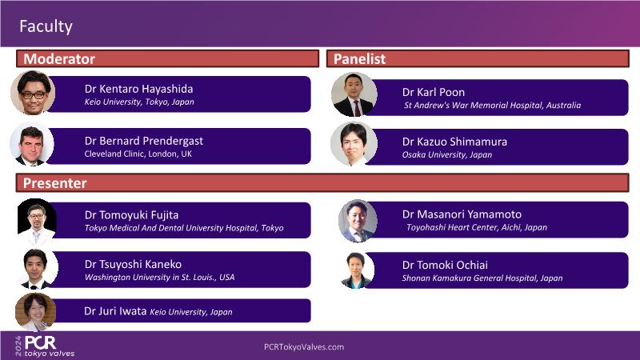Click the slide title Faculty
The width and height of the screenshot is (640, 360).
pos(46,26)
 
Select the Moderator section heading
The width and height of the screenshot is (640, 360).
pos(59,58)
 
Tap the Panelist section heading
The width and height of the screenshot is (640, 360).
pos(359,58)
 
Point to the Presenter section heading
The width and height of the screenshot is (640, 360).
pos(54,183)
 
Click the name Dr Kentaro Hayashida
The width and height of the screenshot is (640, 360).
pos(138,89)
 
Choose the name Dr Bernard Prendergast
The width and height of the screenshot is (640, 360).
pos(144,142)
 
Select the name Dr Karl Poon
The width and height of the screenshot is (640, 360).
pos(434,92)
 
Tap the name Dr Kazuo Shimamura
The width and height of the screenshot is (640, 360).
pos(454,142)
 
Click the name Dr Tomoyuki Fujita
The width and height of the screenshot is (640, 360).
pos(131,215)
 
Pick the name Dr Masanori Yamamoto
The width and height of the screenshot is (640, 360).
pos(462,214)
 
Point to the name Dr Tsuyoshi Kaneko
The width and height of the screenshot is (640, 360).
pos(133,265)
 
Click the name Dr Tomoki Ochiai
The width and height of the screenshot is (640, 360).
pos(445,266)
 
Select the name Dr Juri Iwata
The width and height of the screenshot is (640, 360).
pos(115,311)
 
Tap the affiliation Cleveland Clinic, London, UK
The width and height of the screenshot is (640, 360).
pos(138,154)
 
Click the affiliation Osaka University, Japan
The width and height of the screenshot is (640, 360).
pos(447,154)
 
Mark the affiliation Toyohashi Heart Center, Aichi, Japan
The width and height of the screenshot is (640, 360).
pos(476,227)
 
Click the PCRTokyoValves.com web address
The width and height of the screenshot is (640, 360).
pos(304,347)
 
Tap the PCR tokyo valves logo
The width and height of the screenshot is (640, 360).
pos(45,346)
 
